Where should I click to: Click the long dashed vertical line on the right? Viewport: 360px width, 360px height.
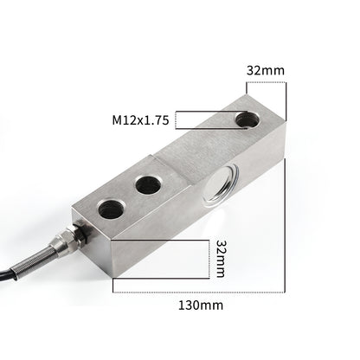(x=286, y=190)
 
